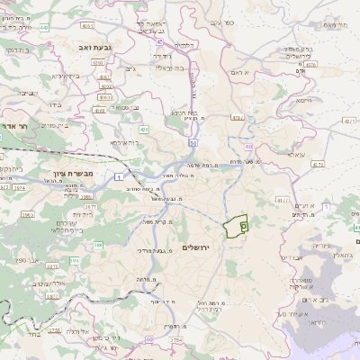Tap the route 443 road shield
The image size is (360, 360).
coord(44,28)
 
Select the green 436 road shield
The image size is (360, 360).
coord(144,130)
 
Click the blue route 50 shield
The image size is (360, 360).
coord(192,142)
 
